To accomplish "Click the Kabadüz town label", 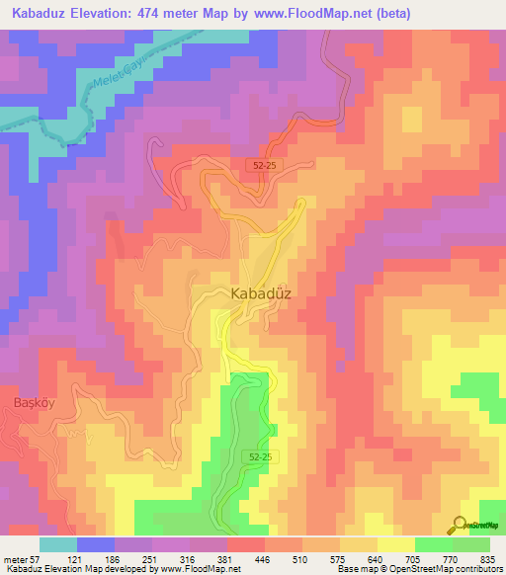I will [x=262, y=293].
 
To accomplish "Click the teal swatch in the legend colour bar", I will [x=58, y=543].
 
